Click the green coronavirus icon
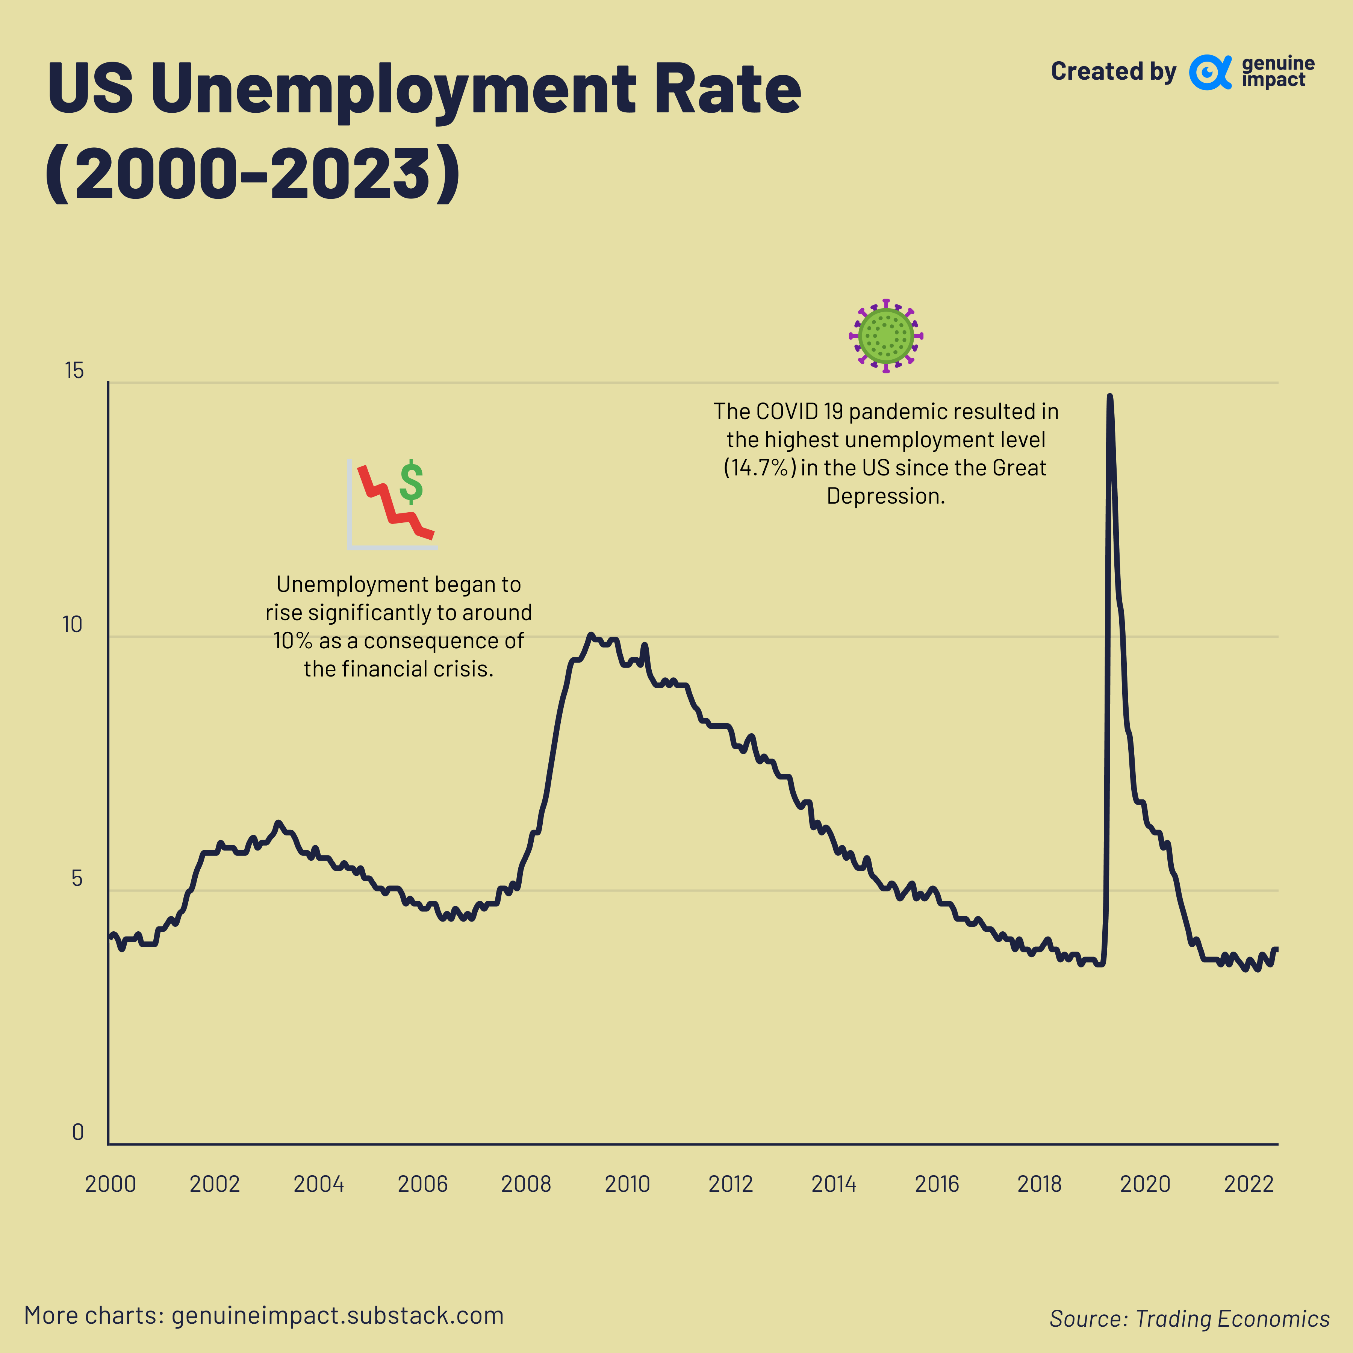coord(886,336)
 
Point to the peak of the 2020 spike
coord(1109,397)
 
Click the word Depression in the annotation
coord(885,496)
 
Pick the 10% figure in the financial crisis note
coord(292,641)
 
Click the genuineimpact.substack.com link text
coord(337,1315)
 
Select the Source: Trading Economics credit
coord(1189,1319)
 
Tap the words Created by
coord(1113,71)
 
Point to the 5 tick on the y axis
coord(77,878)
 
